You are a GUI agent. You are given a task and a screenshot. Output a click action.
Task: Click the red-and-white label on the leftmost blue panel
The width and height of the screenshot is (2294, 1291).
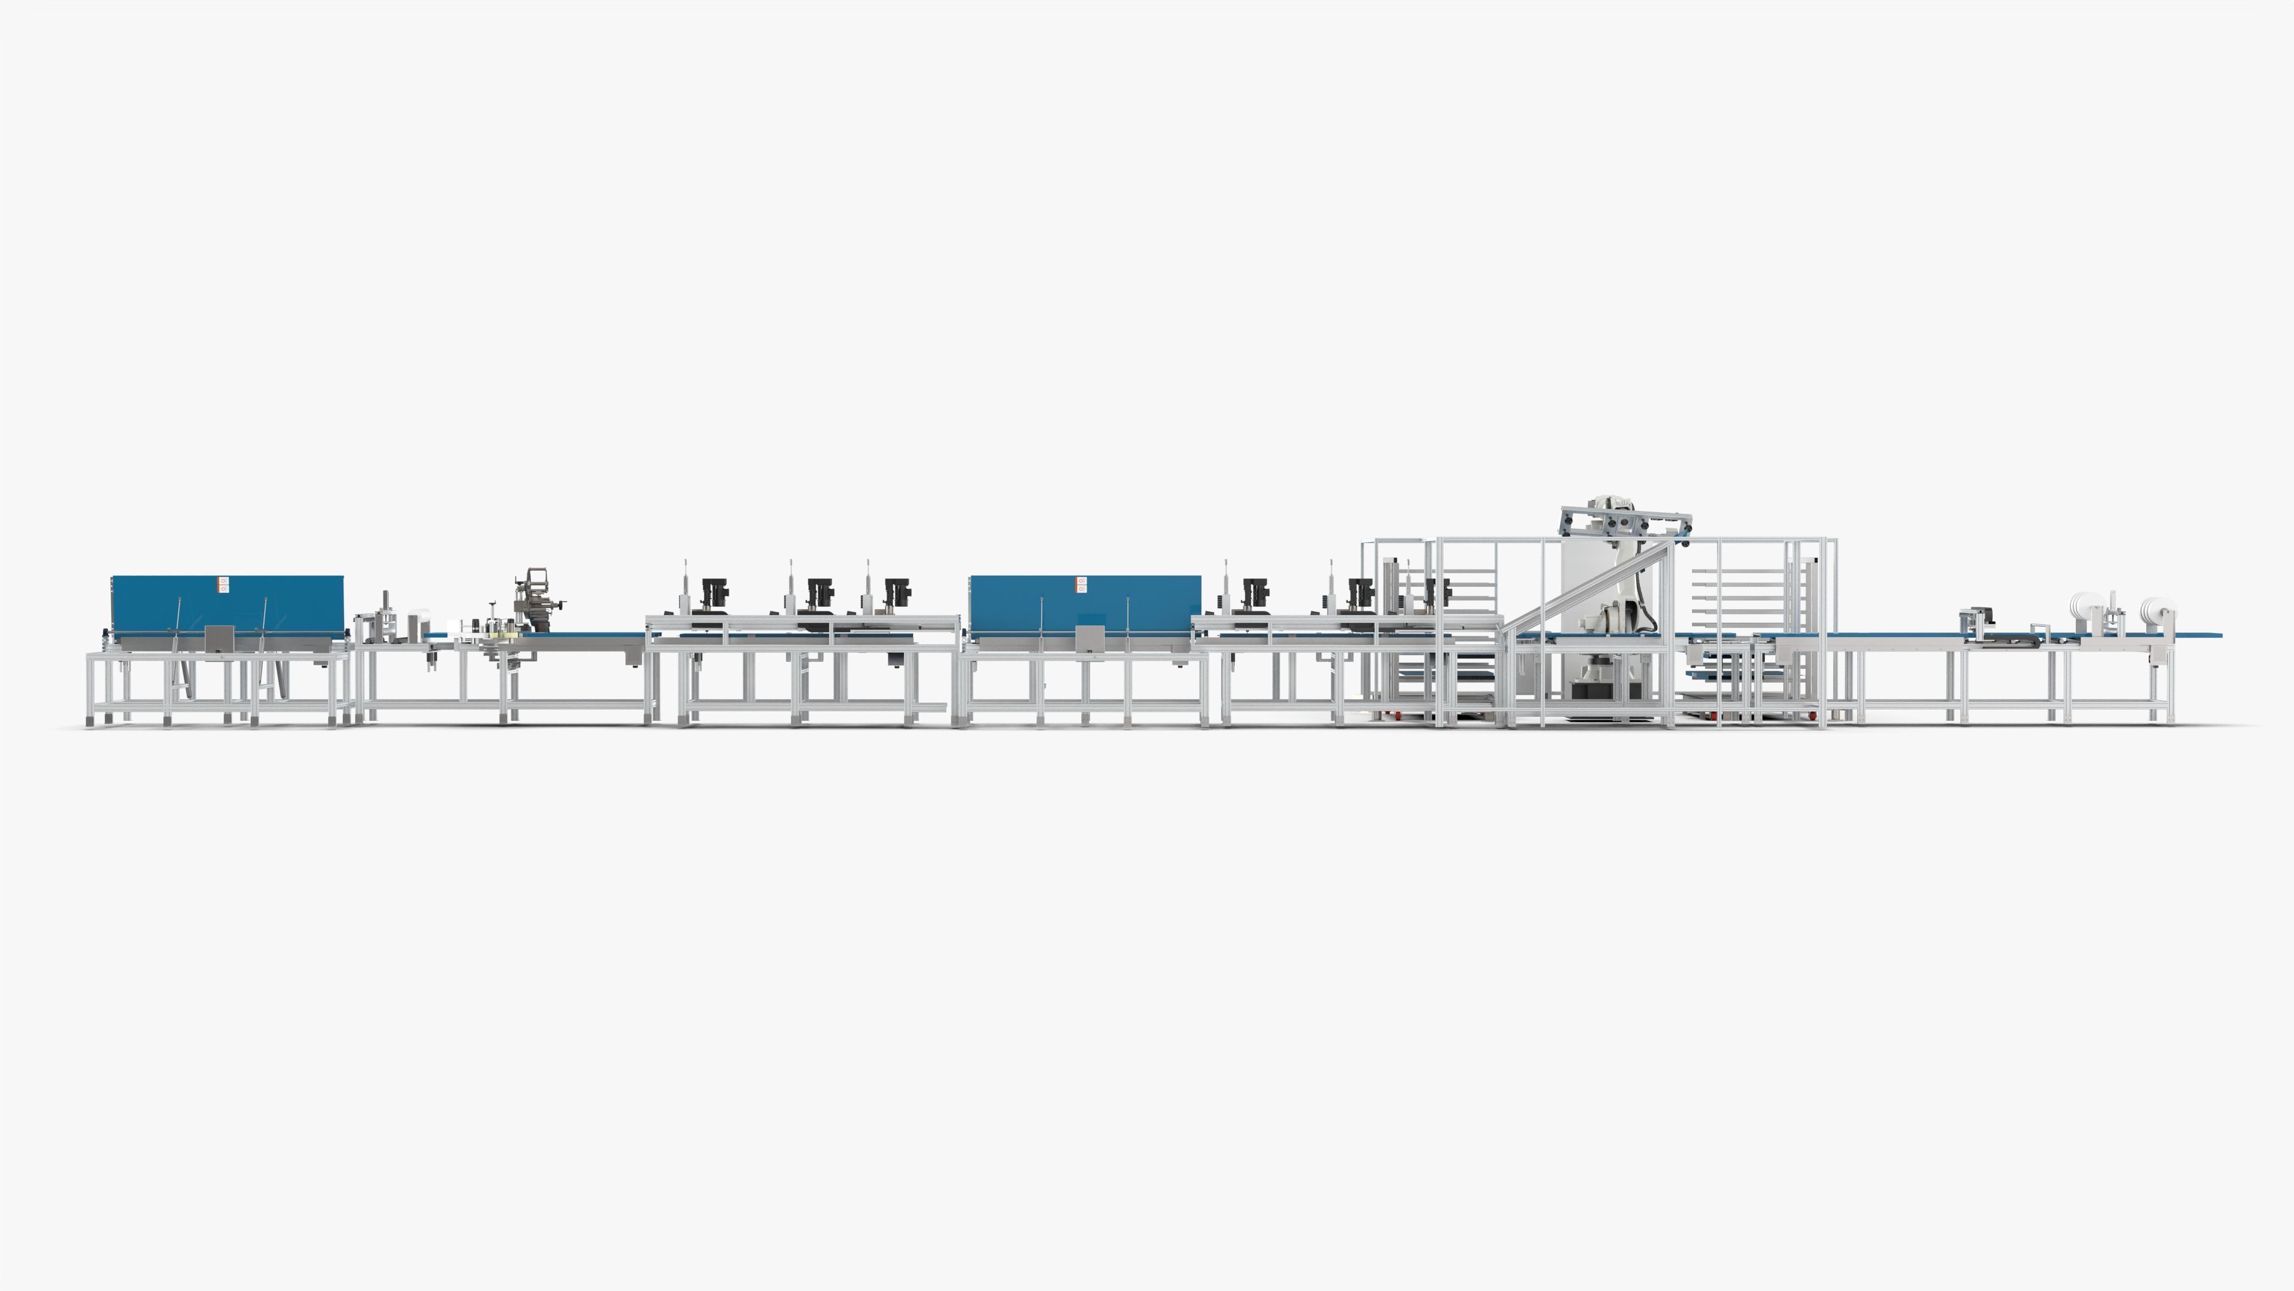coord(223,585)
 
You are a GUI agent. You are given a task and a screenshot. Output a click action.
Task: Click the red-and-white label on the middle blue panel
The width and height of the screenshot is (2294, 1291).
coord(1081,585)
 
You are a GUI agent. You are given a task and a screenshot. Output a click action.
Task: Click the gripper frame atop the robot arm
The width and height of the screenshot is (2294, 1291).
coord(1625,522)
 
